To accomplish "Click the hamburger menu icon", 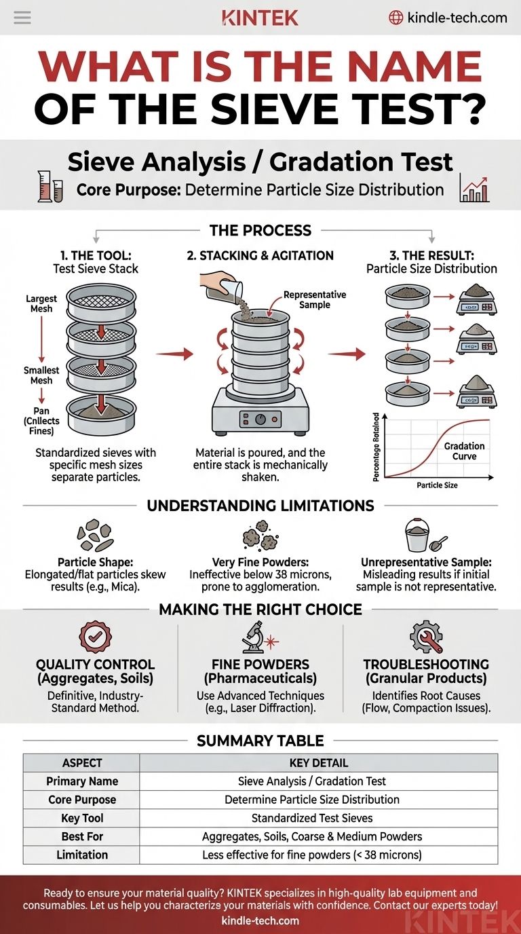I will (22, 18).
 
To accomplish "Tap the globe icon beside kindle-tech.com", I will (395, 18).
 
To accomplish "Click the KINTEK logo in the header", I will (260, 18).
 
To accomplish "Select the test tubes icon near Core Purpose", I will (50, 186).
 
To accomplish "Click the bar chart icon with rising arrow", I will (474, 187).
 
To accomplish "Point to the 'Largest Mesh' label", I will (41, 303).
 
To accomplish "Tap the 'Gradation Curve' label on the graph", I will (465, 451).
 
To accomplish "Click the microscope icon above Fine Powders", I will (260, 638).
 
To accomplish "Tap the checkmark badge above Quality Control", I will (94, 638).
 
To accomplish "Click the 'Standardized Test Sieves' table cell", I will (318, 818).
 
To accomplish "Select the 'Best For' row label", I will (81, 836).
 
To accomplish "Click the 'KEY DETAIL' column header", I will (318, 763).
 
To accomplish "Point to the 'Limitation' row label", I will (81, 855).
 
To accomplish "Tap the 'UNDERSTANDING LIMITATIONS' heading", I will (260, 506).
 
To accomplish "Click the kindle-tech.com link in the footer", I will (260, 920).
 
